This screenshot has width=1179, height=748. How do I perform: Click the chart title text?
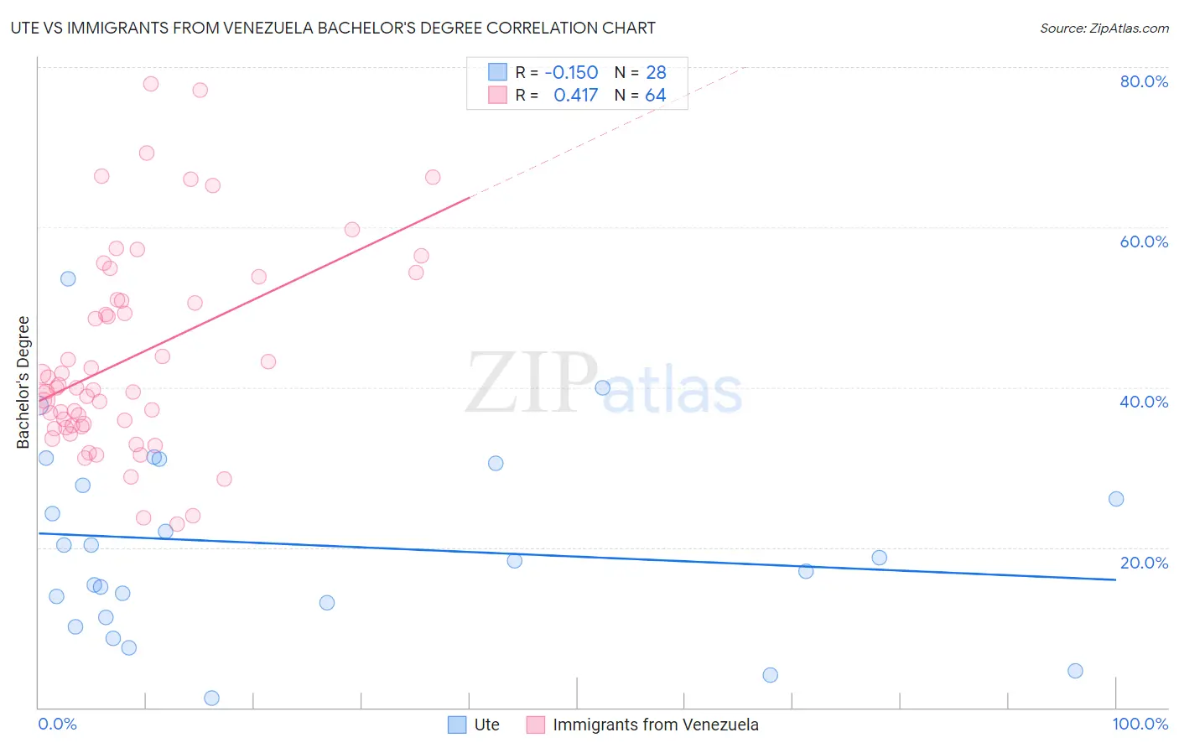[x=333, y=28]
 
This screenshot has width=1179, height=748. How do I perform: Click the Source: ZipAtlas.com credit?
[x=1104, y=28]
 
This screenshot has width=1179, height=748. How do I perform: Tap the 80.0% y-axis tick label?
[x=1144, y=81]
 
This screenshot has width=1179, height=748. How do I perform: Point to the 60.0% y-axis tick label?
[x=1144, y=242]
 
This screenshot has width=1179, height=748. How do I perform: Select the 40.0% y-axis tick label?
[x=1144, y=402]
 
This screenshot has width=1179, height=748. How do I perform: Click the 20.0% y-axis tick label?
[x=1144, y=563]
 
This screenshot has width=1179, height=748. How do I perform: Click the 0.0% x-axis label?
[x=57, y=724]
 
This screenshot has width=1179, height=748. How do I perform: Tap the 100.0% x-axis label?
[x=1140, y=724]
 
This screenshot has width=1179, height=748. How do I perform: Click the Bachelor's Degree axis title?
[x=23, y=382]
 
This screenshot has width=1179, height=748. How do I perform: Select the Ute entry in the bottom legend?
[x=475, y=725]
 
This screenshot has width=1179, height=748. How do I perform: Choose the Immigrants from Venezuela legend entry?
[x=643, y=725]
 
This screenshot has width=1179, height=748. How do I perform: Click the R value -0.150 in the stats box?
[x=571, y=73]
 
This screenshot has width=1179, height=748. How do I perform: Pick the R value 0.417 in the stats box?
[x=575, y=96]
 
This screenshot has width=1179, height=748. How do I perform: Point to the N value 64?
[x=655, y=96]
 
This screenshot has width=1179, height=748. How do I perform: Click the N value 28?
[x=656, y=73]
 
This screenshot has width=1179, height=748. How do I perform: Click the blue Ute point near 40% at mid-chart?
[x=602, y=387]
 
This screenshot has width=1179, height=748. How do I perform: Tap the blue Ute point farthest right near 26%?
[x=1116, y=499]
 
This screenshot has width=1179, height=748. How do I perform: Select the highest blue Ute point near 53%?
[x=68, y=278]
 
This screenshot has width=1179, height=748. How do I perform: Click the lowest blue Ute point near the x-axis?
[x=211, y=698]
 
